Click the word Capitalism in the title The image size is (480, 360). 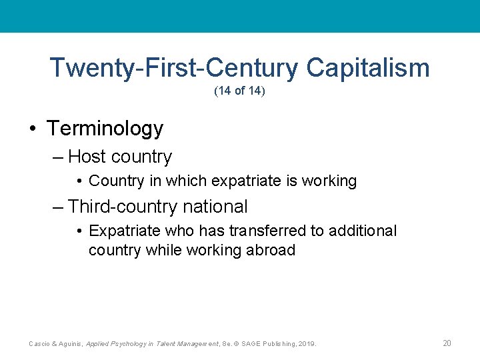(368, 68)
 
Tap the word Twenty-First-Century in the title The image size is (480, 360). (175, 68)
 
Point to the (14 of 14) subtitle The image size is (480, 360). (239, 91)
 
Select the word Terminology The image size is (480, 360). (105, 128)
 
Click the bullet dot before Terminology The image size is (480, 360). (33, 129)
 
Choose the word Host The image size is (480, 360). (87, 157)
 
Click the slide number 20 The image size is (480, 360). (447, 343)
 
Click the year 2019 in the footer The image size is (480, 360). (306, 344)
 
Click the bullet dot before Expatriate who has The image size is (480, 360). (79, 231)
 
